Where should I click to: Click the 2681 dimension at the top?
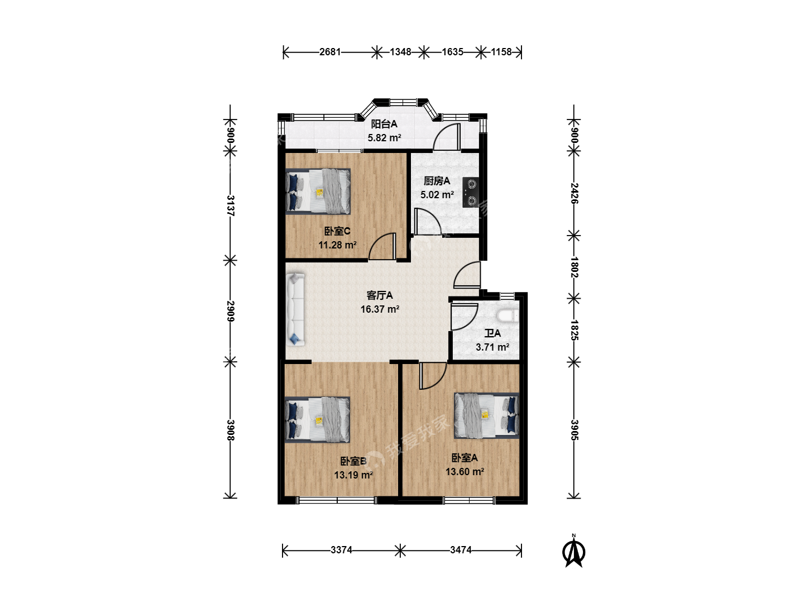pyautogui.click(x=330, y=52)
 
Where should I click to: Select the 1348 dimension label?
pyautogui.click(x=400, y=52)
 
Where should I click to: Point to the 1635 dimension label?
pyautogui.click(x=452, y=52)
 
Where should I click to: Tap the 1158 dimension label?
pyautogui.click(x=501, y=52)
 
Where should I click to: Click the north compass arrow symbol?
pyautogui.click(x=573, y=551)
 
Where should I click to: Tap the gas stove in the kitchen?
pyautogui.click(x=470, y=192)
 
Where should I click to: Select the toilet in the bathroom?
pyautogui.click(x=508, y=316)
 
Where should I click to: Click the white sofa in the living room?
pyautogui.click(x=295, y=309)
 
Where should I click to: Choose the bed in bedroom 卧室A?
pyautogui.click(x=487, y=415)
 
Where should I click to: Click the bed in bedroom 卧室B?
pyautogui.click(x=317, y=420)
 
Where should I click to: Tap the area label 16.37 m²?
pyautogui.click(x=380, y=309)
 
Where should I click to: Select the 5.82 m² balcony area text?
pyautogui.click(x=384, y=138)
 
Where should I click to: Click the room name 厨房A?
pyautogui.click(x=437, y=181)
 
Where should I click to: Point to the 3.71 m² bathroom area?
pyautogui.click(x=492, y=347)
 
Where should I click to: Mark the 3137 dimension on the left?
pyautogui.click(x=231, y=206)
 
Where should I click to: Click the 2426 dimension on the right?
pyautogui.click(x=574, y=193)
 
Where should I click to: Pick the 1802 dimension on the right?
pyautogui.click(x=574, y=267)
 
